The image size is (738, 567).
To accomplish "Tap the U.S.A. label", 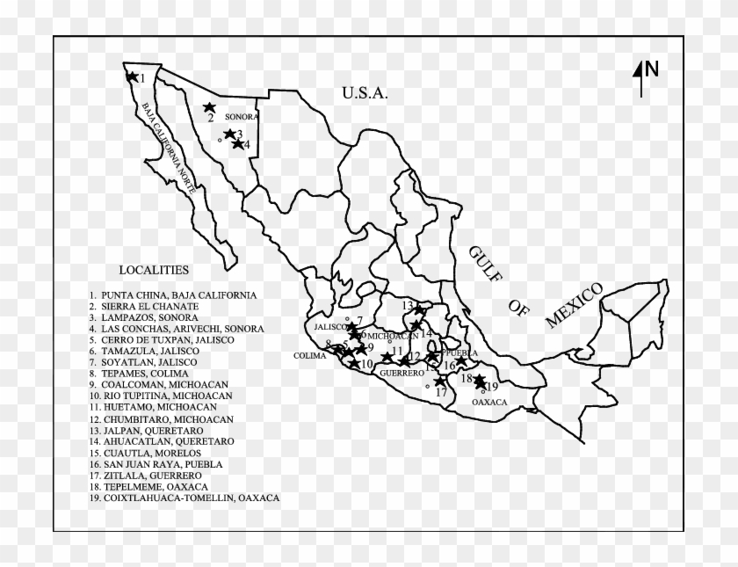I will tap(365, 91).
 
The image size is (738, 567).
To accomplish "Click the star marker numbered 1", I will tap(132, 76).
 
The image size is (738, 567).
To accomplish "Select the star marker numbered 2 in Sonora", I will tap(209, 107).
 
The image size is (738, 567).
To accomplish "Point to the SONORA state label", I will tap(241, 117).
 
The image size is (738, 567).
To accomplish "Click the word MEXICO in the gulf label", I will tap(574, 305).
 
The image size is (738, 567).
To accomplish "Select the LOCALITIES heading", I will tap(154, 270).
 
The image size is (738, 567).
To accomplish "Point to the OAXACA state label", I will tap(489, 402).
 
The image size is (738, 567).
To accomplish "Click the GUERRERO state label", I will tap(402, 373).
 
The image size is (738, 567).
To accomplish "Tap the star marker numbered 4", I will tap(237, 143).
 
